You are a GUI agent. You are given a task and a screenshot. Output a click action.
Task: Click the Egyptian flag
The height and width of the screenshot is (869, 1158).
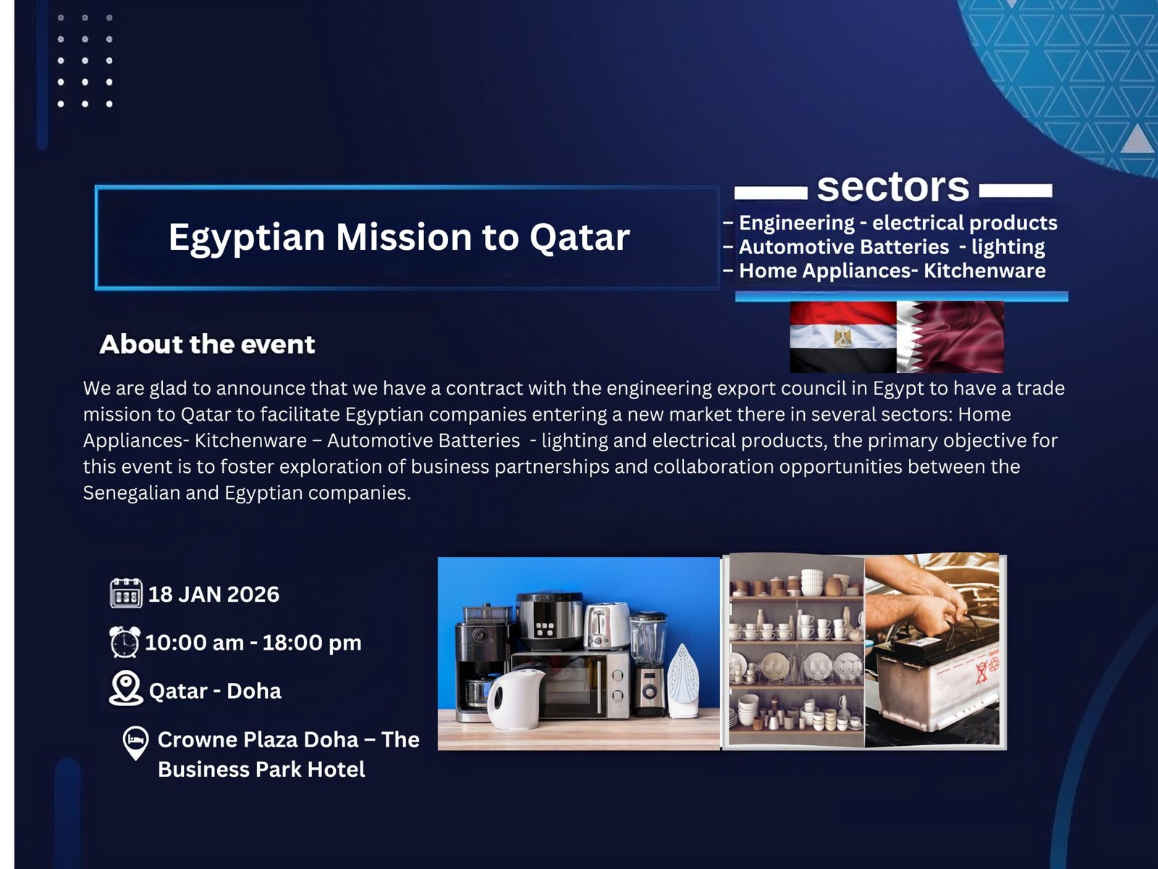[842, 337]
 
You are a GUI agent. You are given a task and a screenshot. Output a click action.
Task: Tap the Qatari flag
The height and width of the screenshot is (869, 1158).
[950, 337]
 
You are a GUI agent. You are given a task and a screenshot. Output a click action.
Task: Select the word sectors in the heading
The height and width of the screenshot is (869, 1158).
[892, 188]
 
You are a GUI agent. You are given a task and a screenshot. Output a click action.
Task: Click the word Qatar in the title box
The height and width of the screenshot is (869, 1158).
[579, 237]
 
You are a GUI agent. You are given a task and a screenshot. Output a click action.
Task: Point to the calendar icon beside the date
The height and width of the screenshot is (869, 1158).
[125, 593]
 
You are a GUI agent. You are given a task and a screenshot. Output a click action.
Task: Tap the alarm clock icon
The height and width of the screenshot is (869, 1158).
[124, 642]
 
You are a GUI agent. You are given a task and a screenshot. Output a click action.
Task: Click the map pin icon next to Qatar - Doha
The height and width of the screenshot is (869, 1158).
[125, 688]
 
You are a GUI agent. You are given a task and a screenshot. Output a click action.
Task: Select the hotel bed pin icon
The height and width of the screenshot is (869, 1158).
[135, 743]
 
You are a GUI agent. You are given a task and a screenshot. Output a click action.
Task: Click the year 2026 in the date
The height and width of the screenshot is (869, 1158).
[253, 595]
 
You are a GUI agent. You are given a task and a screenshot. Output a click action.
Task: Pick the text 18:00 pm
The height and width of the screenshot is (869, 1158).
[312, 642]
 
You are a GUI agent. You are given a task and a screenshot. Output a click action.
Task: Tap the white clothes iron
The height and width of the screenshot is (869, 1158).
[683, 681]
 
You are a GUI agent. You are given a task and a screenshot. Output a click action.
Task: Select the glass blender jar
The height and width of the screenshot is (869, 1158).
[647, 638]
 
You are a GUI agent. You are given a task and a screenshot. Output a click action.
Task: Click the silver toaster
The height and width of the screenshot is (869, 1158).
[607, 626]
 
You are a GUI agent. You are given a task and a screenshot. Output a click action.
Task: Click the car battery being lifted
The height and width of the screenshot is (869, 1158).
[937, 681]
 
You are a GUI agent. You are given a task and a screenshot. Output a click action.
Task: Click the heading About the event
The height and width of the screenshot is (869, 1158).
[207, 345]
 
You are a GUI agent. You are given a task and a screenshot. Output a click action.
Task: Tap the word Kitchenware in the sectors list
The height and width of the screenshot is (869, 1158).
[984, 271]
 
